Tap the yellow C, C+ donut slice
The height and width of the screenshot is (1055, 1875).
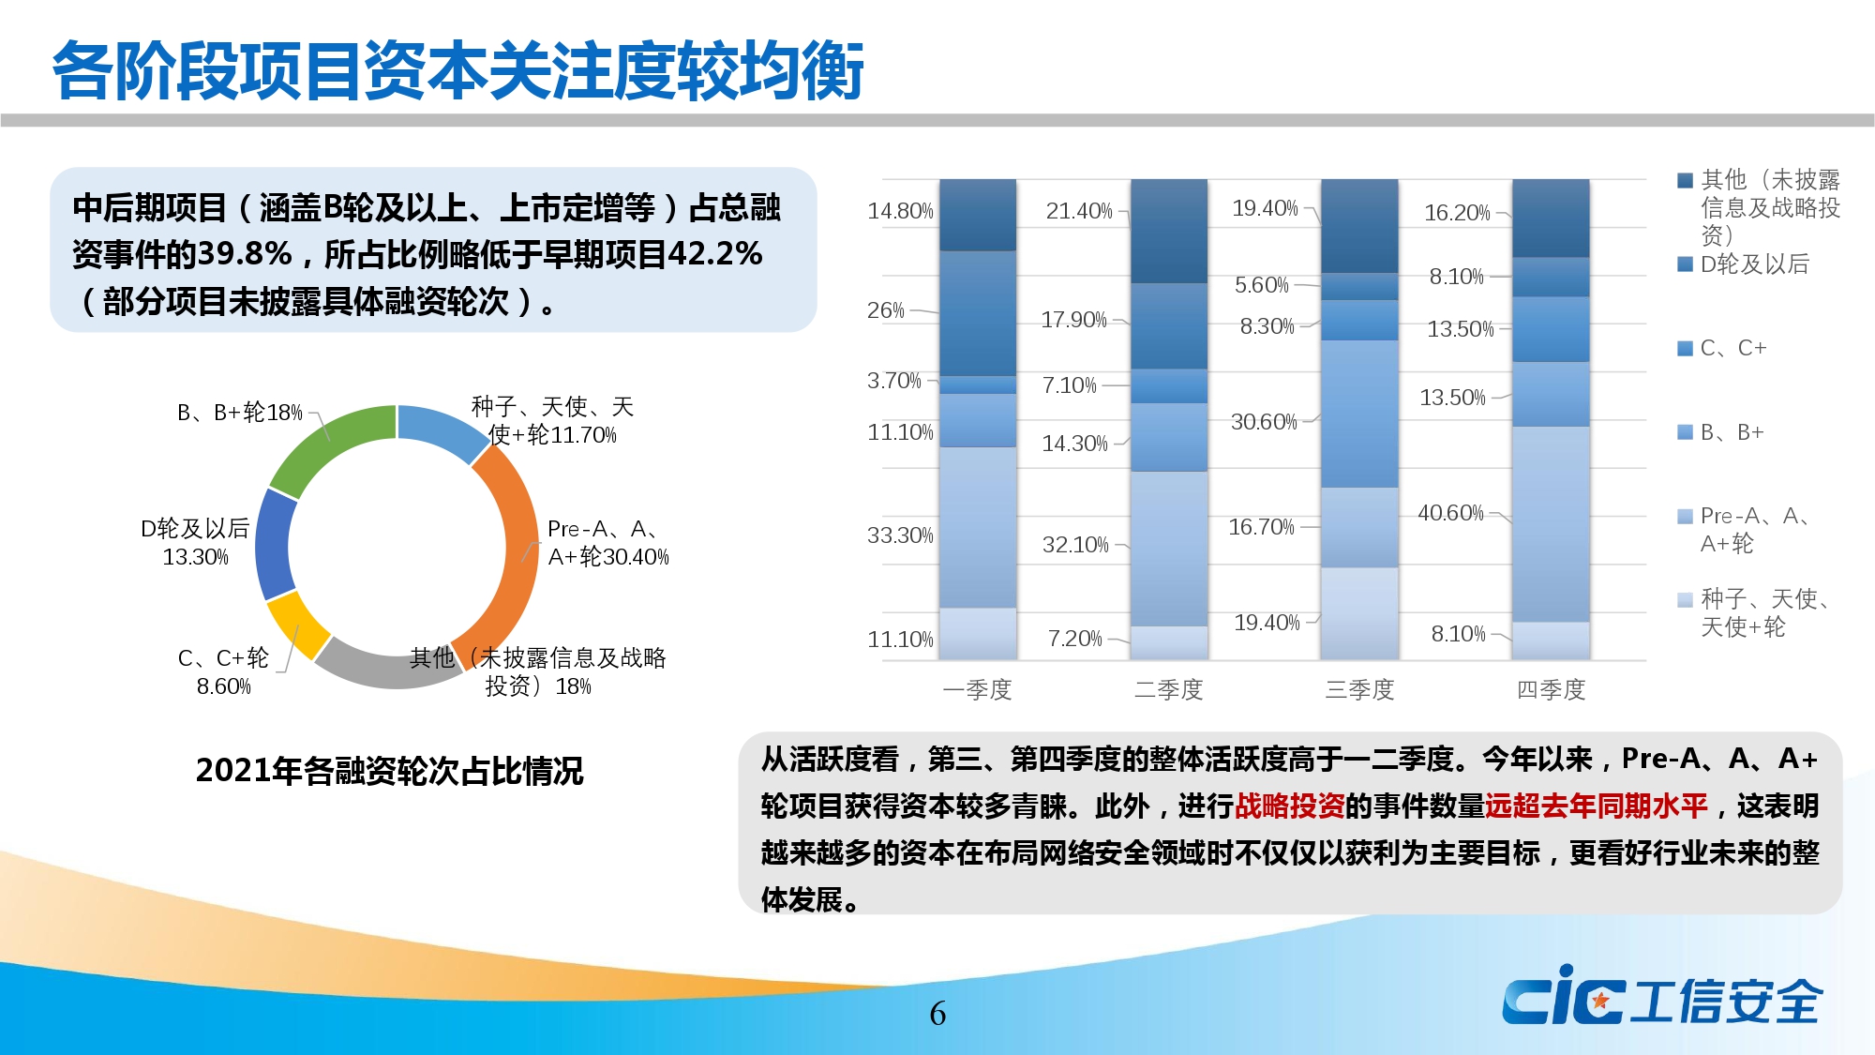(296, 625)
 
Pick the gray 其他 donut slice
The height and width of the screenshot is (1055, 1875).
(384, 670)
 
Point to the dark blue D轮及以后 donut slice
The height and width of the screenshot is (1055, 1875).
(275, 545)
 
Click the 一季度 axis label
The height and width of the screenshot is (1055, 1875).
(977, 689)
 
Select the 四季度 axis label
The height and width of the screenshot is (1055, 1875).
(1551, 689)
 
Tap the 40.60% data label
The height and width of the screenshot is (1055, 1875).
(1450, 513)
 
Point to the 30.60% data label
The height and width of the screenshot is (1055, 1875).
(1264, 422)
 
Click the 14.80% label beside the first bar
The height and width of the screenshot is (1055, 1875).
(900, 211)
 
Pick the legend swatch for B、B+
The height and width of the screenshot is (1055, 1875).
(1685, 432)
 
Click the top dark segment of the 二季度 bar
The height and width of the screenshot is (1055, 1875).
(1169, 231)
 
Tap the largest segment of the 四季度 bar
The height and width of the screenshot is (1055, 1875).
(1551, 524)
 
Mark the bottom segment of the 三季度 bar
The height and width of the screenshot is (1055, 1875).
(1359, 613)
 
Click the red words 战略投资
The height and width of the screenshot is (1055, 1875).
(1289, 806)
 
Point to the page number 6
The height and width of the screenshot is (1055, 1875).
(937, 1013)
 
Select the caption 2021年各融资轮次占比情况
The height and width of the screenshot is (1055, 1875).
(389, 771)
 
